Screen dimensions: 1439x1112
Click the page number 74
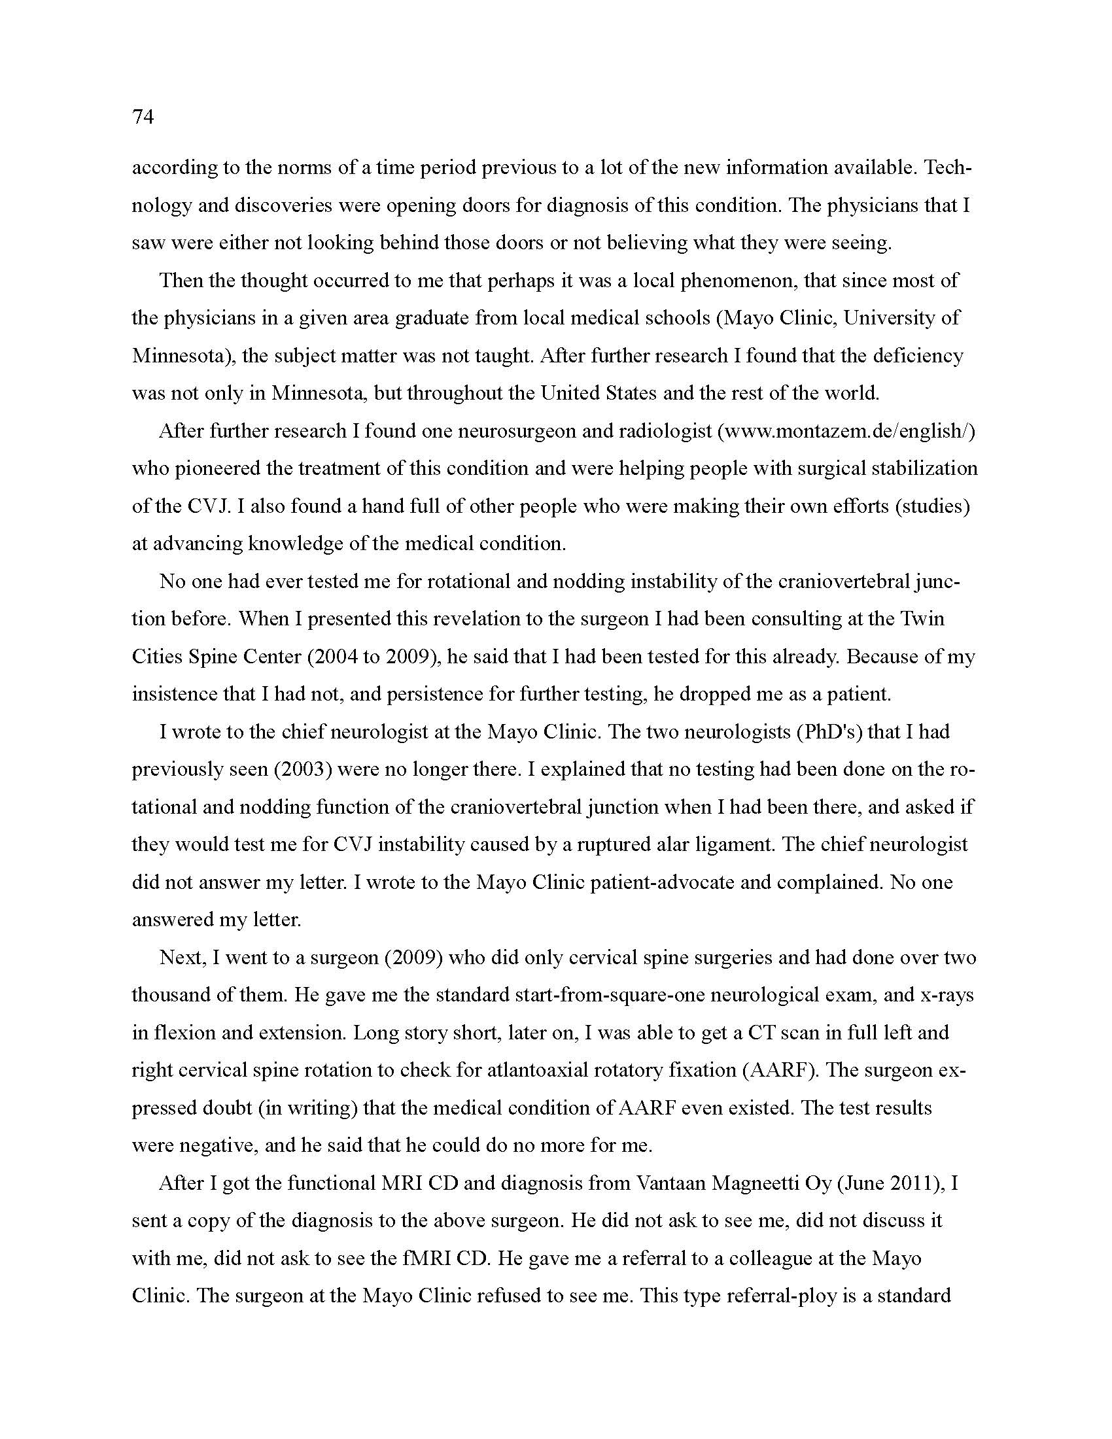point(143,117)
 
